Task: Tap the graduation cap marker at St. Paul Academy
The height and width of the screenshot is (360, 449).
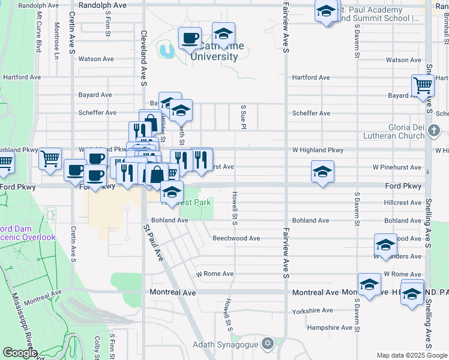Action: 327,12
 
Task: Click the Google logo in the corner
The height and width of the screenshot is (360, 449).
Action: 20,353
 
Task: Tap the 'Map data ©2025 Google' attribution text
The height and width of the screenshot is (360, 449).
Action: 411,355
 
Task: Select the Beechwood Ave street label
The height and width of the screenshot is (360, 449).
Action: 236,238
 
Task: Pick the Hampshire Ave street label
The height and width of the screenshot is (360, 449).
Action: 329,328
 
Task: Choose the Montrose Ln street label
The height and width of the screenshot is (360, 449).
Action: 56,36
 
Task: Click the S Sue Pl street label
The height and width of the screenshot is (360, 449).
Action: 244,116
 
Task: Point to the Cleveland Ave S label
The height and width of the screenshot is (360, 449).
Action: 143,59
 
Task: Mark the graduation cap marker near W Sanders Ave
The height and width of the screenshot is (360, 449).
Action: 385,244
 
